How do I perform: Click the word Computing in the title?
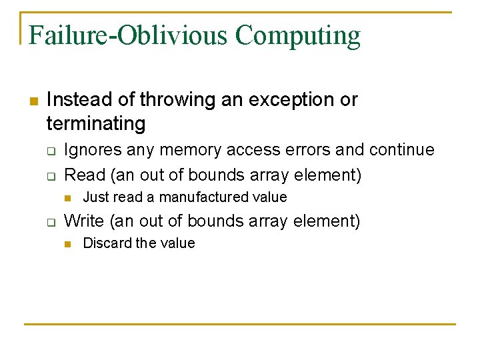pos(298,36)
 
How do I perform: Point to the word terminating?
pos(95,123)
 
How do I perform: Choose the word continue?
pos(400,150)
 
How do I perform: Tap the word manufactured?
pos(200,197)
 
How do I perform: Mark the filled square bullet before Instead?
pos(33,101)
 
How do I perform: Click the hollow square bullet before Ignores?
pos(50,151)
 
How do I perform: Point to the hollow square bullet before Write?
pos(50,222)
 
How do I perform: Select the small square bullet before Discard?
pos(67,244)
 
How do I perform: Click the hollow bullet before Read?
pos(50,176)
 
